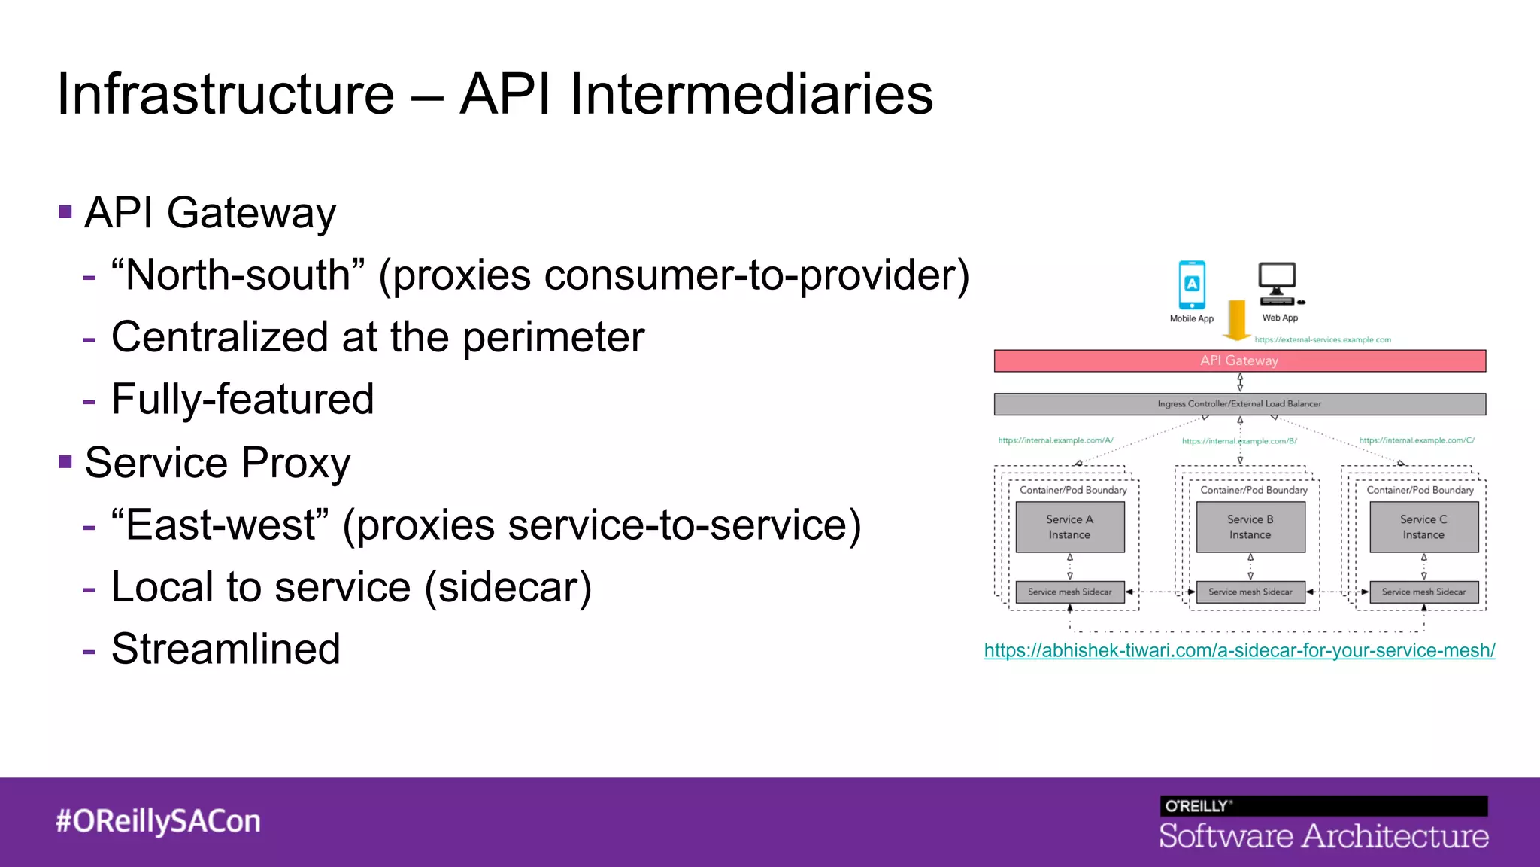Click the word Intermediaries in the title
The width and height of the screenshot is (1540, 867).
(750, 95)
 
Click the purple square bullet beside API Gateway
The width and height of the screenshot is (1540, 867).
(65, 212)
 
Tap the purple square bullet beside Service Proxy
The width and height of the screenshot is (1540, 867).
(65, 461)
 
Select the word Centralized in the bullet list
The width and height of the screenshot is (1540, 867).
(220, 337)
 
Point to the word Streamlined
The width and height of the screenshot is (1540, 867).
(226, 649)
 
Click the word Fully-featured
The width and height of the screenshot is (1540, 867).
(242, 399)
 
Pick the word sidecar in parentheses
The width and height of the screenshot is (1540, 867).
(508, 587)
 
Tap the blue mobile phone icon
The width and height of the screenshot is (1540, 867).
(1192, 284)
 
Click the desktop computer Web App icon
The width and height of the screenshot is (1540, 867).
(1278, 283)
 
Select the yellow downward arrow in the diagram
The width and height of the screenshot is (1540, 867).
(1236, 320)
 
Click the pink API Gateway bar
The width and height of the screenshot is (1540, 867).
(1239, 360)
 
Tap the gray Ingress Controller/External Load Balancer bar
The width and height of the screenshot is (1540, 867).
(1239, 404)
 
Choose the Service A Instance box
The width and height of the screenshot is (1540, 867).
(1069, 527)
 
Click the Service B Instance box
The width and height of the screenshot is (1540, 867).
(1250, 527)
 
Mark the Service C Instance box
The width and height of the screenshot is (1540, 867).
(1423, 527)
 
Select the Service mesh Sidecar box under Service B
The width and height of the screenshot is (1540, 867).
(1250, 592)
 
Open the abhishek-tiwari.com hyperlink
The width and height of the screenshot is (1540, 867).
(1239, 650)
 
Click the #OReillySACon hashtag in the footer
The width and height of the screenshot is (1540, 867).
(158, 821)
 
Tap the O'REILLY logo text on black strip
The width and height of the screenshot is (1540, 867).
(1197, 806)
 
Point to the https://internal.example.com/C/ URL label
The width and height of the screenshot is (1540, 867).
(1417, 440)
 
